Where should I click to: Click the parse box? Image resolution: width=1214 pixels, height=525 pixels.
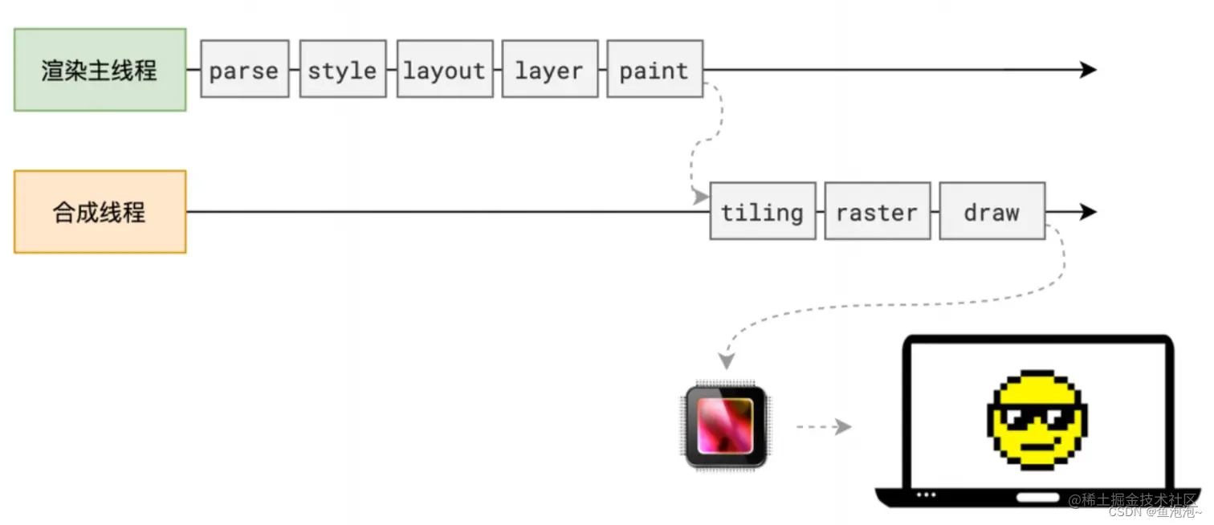244,70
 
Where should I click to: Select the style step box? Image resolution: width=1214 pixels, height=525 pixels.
343,70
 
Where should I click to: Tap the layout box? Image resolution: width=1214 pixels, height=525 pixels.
445,70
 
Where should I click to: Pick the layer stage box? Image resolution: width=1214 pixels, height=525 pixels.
550,70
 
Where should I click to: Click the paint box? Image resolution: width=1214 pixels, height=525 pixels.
654,70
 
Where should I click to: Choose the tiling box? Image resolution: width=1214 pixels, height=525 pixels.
762,212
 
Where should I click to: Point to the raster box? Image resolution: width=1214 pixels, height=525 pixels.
877,212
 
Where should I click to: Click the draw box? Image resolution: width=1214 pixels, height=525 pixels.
992,212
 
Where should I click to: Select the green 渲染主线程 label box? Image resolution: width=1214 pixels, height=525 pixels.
100,70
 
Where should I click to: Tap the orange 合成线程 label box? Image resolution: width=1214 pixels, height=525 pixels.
100,212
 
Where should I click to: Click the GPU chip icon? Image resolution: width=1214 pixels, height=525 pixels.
726,425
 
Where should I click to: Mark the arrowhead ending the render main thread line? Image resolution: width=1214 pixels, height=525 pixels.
1089,70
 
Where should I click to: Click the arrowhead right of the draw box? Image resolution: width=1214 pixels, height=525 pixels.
1089,212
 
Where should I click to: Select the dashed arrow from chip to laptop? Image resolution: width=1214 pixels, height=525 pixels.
823,427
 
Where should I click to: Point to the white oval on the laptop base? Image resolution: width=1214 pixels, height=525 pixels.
1037,497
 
